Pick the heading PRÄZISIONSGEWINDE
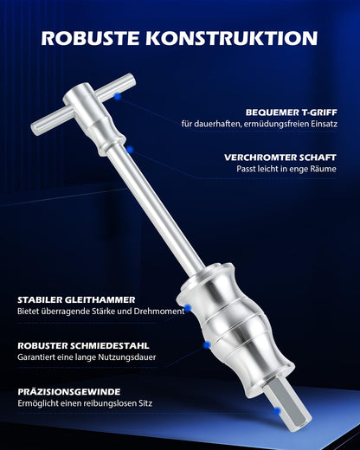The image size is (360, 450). [67, 391]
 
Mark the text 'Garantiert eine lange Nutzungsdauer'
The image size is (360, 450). [85, 357]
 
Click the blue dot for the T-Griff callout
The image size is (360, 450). [116, 97]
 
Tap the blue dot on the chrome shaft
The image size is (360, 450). [130, 149]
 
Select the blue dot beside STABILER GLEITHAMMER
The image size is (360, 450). [187, 307]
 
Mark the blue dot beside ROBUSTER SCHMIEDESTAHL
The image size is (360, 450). [206, 344]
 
